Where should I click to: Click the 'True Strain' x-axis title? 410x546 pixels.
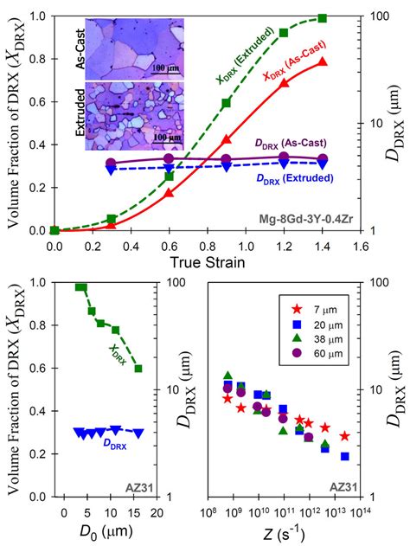pyautogui.click(x=201, y=260)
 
